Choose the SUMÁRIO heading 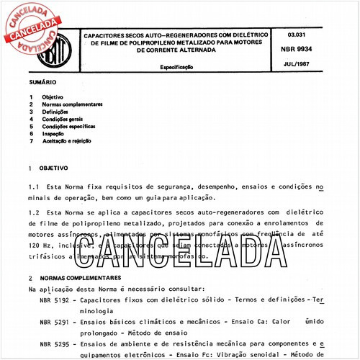tap(42, 84)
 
